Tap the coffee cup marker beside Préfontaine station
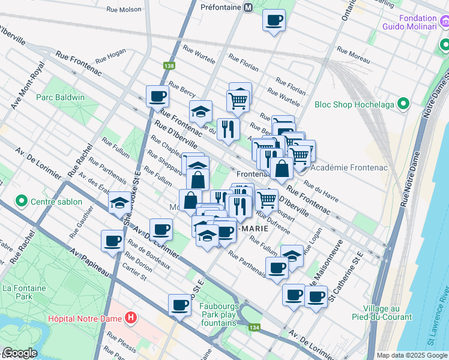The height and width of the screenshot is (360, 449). [x=274, y=20]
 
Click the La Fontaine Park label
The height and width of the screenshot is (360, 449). [x=25, y=292]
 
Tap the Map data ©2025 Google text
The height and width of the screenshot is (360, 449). [x=412, y=355]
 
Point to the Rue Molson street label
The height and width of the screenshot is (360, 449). [x=124, y=9]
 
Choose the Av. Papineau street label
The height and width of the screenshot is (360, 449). [x=90, y=262]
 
